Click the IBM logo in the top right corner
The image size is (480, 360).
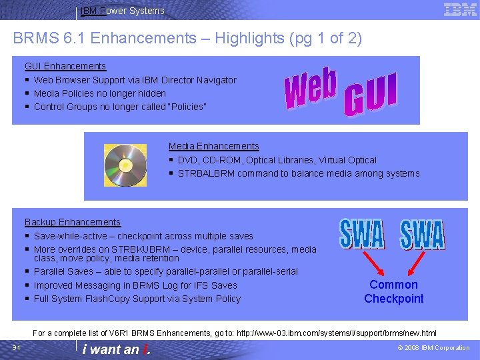(x=460, y=9)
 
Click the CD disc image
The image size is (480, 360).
(x=125, y=165)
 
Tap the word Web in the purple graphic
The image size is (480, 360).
(x=311, y=89)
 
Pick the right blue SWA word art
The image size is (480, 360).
(x=422, y=235)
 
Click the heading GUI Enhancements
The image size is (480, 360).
(x=65, y=66)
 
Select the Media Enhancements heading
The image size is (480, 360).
(x=213, y=146)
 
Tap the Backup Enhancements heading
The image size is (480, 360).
(x=73, y=222)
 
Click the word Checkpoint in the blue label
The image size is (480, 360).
(x=393, y=299)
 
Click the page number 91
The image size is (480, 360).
(x=17, y=347)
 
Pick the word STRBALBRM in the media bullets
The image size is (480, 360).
(x=201, y=173)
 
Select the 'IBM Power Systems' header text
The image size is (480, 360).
(x=122, y=11)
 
